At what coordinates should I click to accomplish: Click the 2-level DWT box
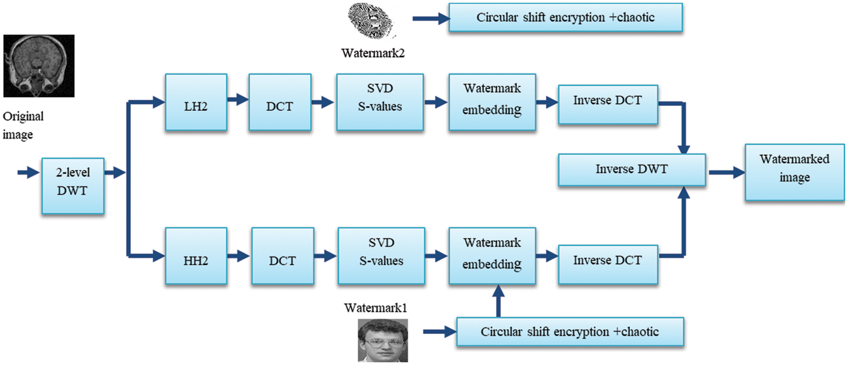(x=73, y=186)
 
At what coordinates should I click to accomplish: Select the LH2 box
(x=196, y=102)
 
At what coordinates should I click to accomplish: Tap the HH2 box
(x=196, y=256)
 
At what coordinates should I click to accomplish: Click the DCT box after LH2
(x=280, y=102)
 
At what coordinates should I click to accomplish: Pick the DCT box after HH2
(x=283, y=256)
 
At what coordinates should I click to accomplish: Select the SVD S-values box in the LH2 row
(x=380, y=102)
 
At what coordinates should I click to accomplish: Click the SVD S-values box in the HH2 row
(x=381, y=256)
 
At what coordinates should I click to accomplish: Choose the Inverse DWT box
(x=631, y=169)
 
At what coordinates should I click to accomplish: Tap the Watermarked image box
(x=794, y=172)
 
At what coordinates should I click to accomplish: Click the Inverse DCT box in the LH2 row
(x=608, y=105)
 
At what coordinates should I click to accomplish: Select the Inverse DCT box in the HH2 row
(x=608, y=264)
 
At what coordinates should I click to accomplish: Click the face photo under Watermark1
(x=383, y=340)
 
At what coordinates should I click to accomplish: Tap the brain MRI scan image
(x=39, y=66)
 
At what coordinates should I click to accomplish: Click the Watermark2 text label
(x=373, y=53)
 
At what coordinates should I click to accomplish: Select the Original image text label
(x=23, y=125)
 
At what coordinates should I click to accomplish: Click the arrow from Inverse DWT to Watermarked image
(x=726, y=172)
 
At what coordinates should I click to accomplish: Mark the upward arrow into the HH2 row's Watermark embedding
(x=498, y=301)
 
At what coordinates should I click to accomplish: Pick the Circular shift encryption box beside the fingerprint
(x=565, y=18)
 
